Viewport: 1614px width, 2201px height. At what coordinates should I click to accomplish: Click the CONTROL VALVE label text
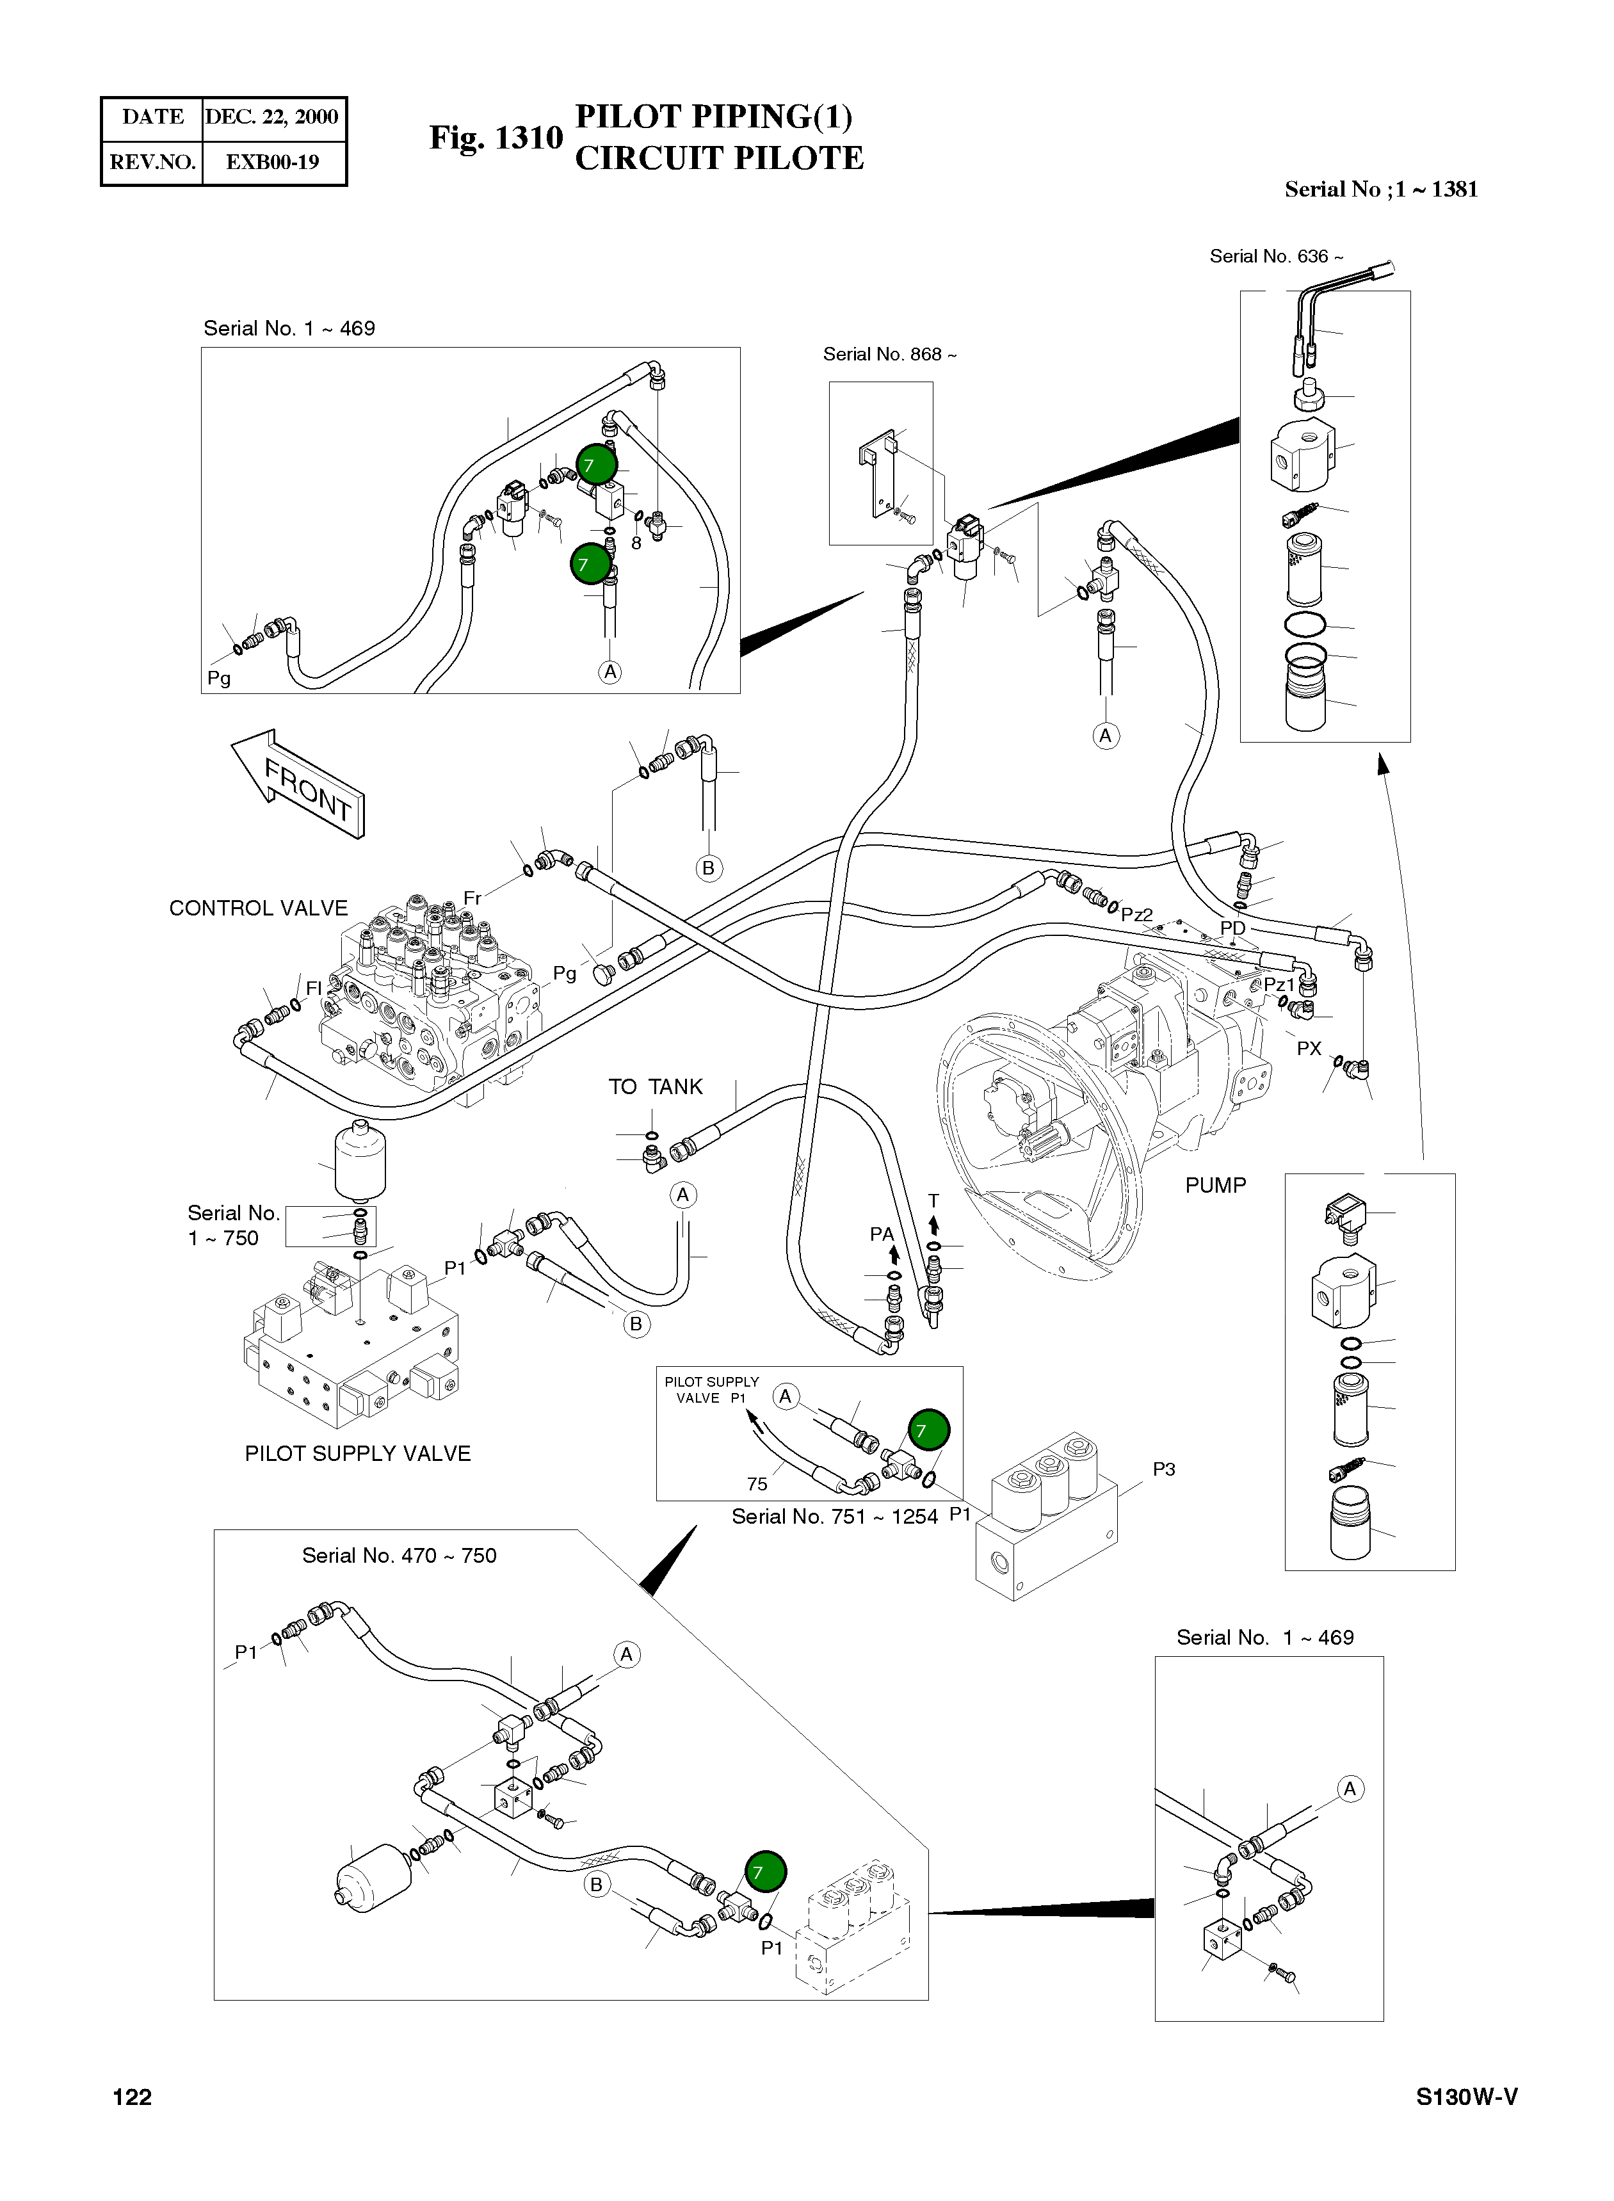click(x=258, y=908)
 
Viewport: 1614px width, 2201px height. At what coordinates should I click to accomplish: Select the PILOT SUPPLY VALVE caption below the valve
click(x=358, y=1454)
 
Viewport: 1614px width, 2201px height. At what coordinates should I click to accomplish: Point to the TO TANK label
click(x=656, y=1087)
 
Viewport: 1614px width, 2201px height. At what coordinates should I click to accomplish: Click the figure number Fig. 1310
click(x=496, y=138)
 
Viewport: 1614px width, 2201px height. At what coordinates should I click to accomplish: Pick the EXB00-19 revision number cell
click(x=273, y=162)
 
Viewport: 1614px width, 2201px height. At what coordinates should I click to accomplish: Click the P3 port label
click(x=1164, y=1469)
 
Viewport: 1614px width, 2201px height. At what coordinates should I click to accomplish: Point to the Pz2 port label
click(x=1137, y=915)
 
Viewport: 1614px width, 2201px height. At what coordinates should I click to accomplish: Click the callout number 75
click(x=757, y=1484)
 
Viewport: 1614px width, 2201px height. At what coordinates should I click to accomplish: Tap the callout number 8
click(x=636, y=543)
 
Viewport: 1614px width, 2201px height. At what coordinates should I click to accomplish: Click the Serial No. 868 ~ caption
click(x=889, y=355)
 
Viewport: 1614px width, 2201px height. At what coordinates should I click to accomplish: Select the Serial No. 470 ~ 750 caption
click(x=399, y=1555)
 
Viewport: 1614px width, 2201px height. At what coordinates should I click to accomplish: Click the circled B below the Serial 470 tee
click(x=596, y=1885)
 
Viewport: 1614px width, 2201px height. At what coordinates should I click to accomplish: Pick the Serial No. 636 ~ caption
click(x=1276, y=257)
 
